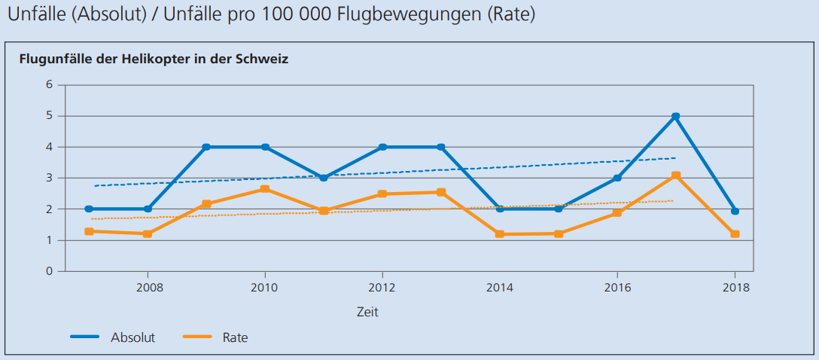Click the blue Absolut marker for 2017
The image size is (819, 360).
tap(676, 116)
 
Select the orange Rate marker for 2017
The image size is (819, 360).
tap(676, 175)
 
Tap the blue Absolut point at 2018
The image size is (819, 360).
tap(735, 211)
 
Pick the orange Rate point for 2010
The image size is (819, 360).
tap(265, 189)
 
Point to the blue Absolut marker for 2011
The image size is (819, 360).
tap(324, 178)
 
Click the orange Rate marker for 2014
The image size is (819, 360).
tap(500, 234)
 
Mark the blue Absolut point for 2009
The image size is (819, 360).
tap(206, 147)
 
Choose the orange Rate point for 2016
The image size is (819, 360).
tap(617, 213)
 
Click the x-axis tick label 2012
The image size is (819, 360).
tap(382, 287)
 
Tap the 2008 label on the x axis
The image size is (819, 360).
tap(148, 287)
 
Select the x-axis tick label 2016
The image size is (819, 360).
tap(617, 287)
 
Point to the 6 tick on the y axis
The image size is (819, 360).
tap(50, 84)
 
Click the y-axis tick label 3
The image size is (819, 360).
tap(50, 178)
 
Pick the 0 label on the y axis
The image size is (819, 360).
tap(50, 271)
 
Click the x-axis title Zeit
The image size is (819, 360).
tap(367, 311)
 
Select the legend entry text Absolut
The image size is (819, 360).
tap(132, 337)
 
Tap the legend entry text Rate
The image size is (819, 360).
tap(235, 337)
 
